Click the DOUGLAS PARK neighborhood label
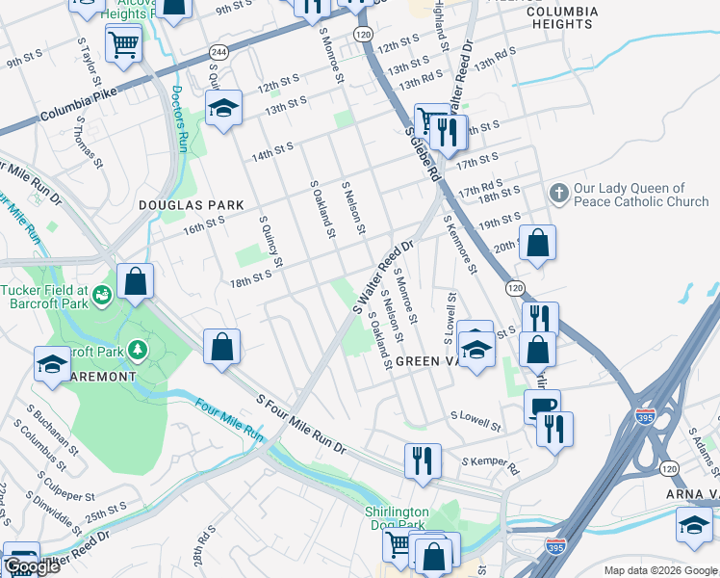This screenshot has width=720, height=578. (190, 205)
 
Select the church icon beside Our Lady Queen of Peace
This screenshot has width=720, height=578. (557, 194)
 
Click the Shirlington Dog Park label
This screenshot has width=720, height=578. (395, 517)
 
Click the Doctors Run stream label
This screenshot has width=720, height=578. (178, 119)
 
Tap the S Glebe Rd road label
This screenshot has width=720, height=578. (423, 154)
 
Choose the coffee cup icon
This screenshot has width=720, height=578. (542, 406)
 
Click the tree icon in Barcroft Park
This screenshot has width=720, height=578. (140, 349)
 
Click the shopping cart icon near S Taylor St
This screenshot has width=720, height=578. (124, 43)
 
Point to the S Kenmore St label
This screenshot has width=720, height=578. (459, 243)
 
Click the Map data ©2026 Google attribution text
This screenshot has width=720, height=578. (659, 570)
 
